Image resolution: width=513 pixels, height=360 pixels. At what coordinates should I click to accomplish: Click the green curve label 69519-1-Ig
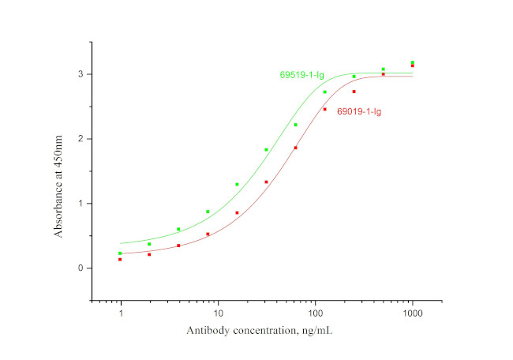tap(302, 75)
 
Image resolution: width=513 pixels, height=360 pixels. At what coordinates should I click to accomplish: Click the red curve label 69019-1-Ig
tap(360, 111)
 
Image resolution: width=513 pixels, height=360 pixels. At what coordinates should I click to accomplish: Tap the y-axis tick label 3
tap(80, 74)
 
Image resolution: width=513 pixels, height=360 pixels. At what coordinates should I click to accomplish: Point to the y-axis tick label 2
tap(80, 139)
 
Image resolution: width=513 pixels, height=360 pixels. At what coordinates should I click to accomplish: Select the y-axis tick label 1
tap(80, 204)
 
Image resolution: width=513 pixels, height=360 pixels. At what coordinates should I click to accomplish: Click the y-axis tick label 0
tap(80, 268)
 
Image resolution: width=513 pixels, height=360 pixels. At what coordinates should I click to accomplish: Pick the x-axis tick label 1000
tap(412, 313)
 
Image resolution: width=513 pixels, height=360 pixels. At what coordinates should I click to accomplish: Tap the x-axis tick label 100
tap(315, 313)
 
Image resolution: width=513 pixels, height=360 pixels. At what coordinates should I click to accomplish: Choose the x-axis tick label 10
tap(218, 313)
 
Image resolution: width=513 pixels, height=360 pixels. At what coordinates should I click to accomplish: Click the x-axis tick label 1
tap(121, 313)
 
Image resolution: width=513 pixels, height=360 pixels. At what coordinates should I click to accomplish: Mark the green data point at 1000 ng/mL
tap(413, 62)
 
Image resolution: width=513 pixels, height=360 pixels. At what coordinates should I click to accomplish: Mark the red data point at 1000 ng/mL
tap(413, 66)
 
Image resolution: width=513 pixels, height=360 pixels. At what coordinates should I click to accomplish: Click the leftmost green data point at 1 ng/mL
tap(120, 253)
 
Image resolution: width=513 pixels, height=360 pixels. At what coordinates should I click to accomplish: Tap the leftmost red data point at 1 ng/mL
tap(120, 259)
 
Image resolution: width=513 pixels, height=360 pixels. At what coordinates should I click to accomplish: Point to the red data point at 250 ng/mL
tap(354, 92)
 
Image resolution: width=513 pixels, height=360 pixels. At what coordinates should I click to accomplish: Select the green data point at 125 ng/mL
tap(325, 92)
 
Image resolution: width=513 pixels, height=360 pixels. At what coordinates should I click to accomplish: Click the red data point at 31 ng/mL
tap(267, 182)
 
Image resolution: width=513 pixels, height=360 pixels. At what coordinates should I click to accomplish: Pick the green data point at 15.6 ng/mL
tap(237, 185)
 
